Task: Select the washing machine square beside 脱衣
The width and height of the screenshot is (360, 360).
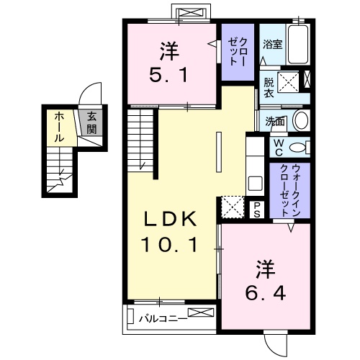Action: click(x=290, y=79)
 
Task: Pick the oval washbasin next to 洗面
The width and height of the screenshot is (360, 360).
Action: click(x=300, y=120)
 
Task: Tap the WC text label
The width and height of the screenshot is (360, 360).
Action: click(x=277, y=147)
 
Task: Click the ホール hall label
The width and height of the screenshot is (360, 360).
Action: click(x=59, y=126)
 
